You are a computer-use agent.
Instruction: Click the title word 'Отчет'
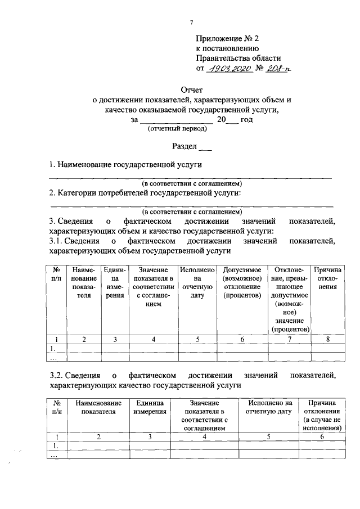click(191, 89)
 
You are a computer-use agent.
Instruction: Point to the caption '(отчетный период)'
click(177, 129)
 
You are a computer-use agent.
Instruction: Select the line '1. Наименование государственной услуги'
click(125, 165)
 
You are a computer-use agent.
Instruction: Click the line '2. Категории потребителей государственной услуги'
click(145, 193)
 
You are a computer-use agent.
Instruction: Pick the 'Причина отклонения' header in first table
click(327, 278)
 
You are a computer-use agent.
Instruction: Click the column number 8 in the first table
click(327, 339)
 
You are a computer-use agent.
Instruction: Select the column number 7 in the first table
click(289, 339)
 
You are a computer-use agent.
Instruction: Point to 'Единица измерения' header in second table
click(150, 407)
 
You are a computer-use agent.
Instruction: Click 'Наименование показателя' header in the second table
click(98, 407)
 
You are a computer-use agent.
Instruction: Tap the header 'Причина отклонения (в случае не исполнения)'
click(322, 415)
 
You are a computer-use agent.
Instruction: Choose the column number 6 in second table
click(322, 436)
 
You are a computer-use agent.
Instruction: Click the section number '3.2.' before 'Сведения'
click(56, 375)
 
